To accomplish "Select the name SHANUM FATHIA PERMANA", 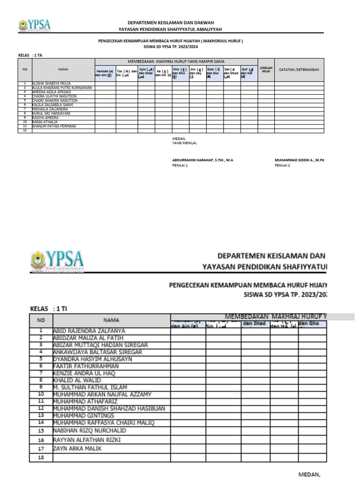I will click(x=54, y=126).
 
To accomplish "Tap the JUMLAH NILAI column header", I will click(x=266, y=69).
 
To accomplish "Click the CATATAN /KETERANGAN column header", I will click(x=299, y=69).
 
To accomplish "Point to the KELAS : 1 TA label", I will click(x=30, y=55).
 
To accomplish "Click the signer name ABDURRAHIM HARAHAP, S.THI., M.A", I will click(x=202, y=160).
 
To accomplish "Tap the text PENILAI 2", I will click(x=282, y=165).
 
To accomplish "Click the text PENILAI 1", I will click(x=180, y=165).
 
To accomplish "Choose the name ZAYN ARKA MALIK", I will click(x=83, y=449).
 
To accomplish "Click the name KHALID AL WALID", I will click(x=77, y=380).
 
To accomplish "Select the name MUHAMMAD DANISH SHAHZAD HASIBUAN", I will click(x=109, y=408).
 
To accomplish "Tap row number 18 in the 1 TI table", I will click(x=41, y=457).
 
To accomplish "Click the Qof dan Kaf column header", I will click(x=248, y=73).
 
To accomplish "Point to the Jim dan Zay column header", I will click(x=196, y=73).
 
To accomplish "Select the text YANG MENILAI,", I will click(x=185, y=143).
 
